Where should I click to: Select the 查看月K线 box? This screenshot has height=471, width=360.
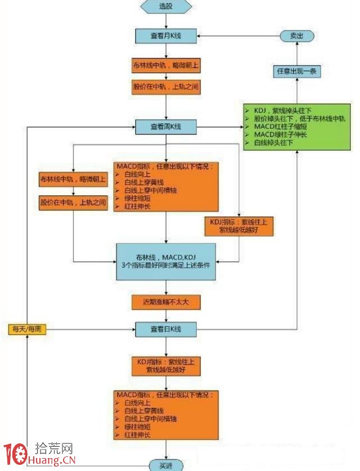click(x=166, y=35)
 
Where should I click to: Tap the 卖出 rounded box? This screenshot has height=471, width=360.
click(x=296, y=35)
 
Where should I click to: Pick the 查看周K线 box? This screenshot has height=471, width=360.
click(x=166, y=127)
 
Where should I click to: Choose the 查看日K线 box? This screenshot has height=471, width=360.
click(x=166, y=329)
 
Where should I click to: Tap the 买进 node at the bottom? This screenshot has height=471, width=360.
click(x=166, y=465)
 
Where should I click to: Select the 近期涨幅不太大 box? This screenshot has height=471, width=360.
click(x=166, y=302)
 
